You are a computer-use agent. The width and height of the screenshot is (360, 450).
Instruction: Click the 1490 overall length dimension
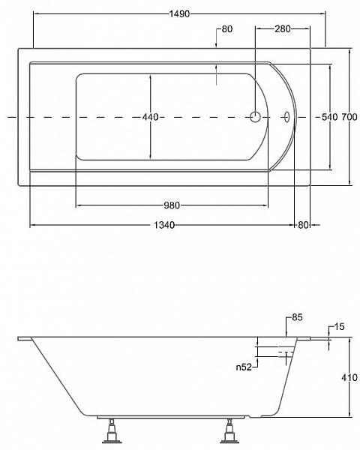pos(179,13)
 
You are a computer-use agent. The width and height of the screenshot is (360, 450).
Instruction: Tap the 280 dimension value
pos(283,28)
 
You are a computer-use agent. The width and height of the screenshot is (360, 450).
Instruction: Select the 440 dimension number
pos(151,117)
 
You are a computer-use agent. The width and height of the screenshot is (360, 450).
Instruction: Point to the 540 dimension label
pos(329,117)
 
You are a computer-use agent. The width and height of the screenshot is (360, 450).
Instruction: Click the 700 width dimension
pos(349,117)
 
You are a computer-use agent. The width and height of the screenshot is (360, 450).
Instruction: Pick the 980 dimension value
pos(172,205)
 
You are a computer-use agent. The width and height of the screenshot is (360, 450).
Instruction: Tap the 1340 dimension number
pos(164,225)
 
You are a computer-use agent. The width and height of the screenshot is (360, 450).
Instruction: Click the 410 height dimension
pos(349,378)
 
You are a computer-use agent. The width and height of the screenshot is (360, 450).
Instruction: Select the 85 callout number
pos(297,317)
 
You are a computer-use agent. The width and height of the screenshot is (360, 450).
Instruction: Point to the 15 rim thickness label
pos(339,327)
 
